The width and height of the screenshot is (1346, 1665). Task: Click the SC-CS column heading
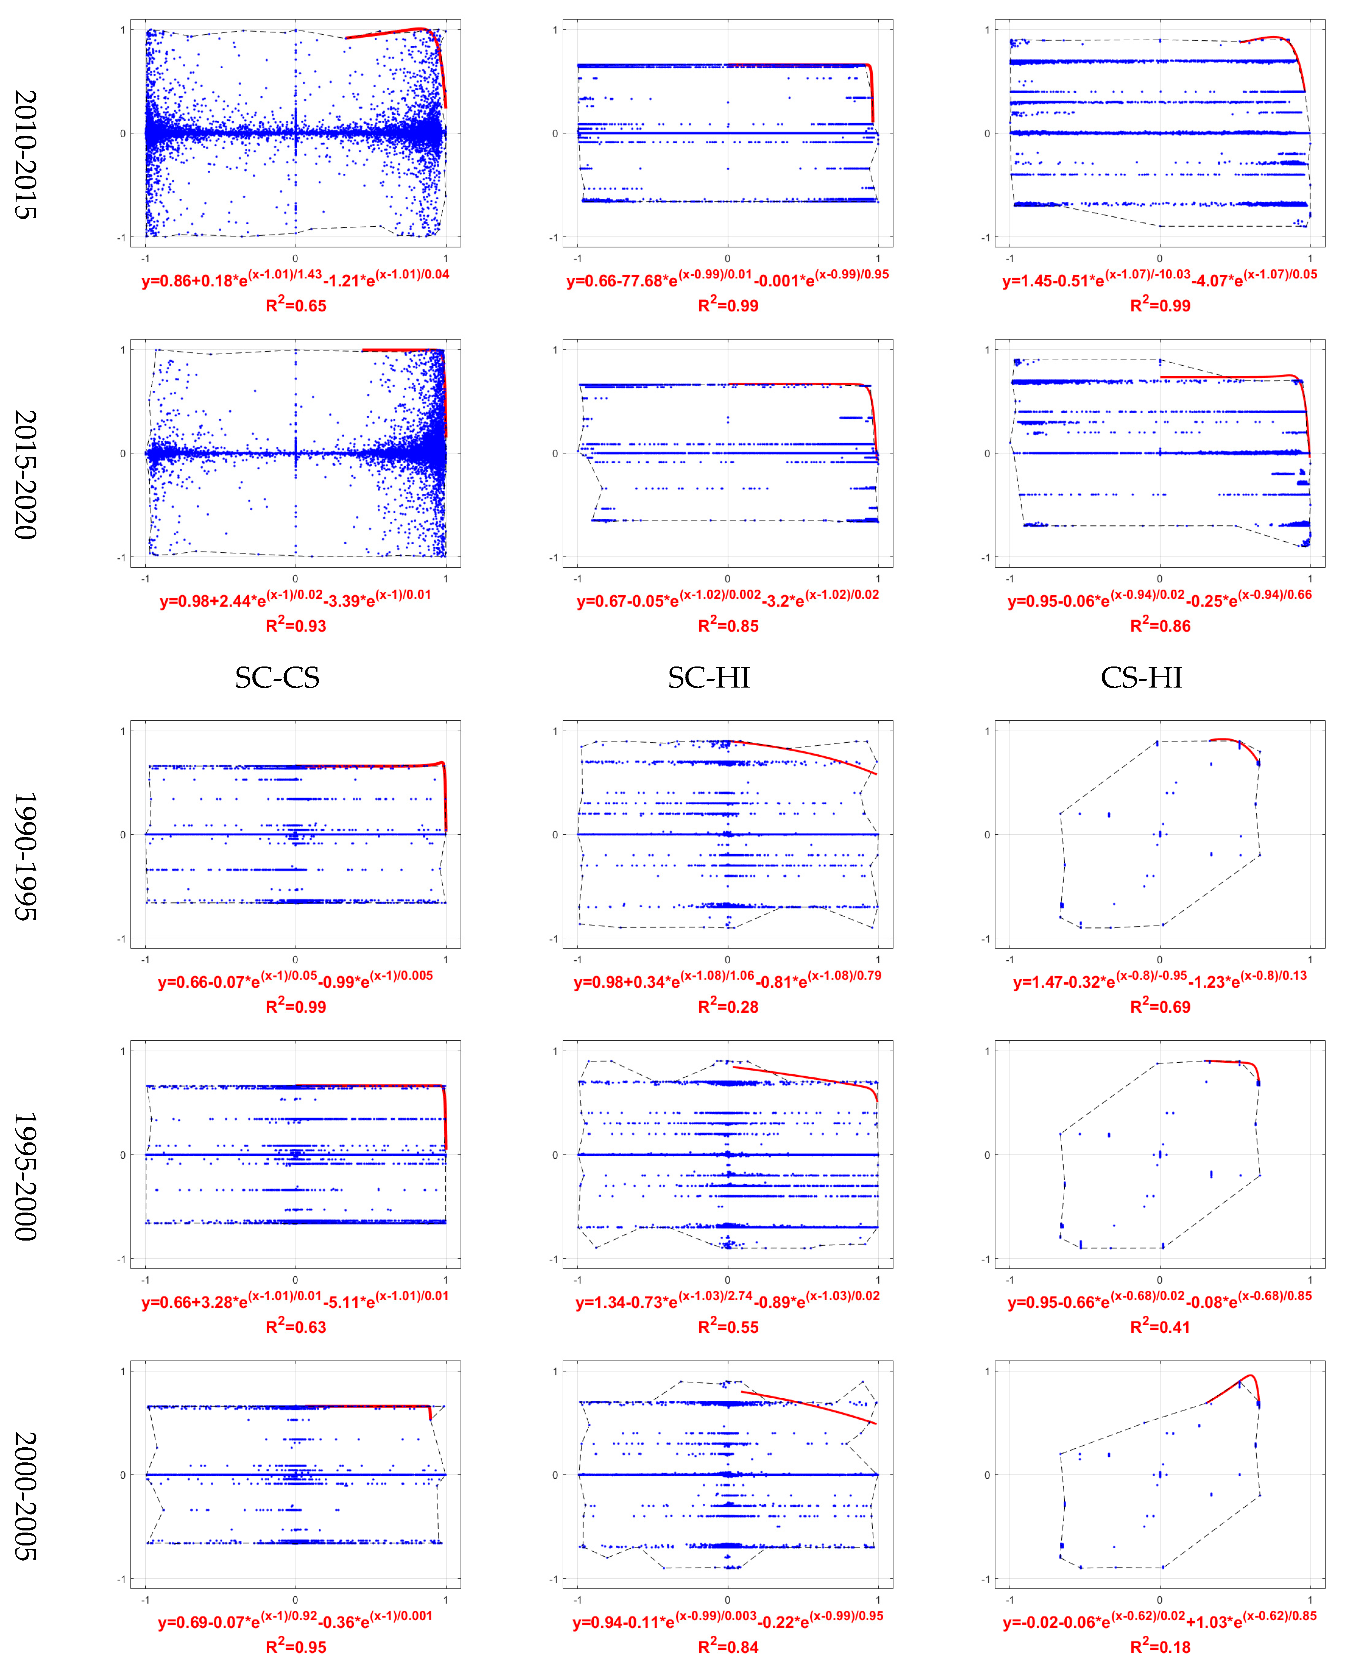point(277,678)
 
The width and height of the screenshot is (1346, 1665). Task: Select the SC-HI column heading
point(709,678)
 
